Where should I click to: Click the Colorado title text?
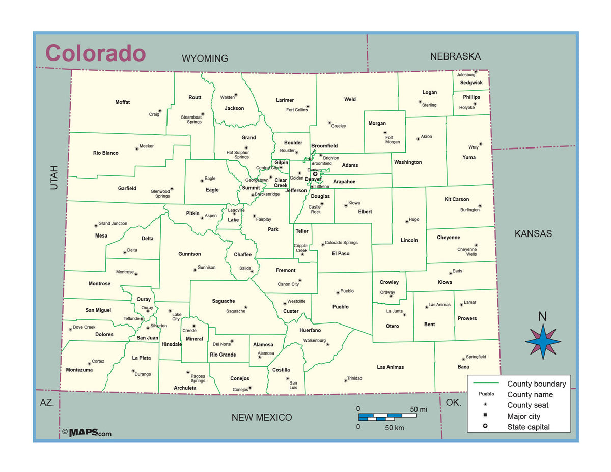(x=96, y=53)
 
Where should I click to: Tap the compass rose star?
(x=543, y=341)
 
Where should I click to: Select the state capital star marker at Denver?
(x=315, y=174)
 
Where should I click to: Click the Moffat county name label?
(x=122, y=102)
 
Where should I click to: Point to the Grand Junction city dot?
(x=96, y=225)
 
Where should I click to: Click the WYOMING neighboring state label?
(x=205, y=58)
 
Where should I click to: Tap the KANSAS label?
(x=533, y=234)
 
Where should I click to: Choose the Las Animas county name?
(x=391, y=367)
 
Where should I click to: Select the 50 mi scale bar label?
(x=418, y=409)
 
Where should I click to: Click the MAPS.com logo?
(x=87, y=433)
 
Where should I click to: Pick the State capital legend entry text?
(x=528, y=427)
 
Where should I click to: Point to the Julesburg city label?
(x=465, y=75)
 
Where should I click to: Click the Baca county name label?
(x=463, y=367)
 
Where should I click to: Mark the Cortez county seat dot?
(x=90, y=364)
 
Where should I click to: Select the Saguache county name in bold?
(x=224, y=301)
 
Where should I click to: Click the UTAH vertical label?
(x=54, y=178)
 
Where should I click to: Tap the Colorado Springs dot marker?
(x=322, y=244)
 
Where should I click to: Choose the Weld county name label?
(x=350, y=99)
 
